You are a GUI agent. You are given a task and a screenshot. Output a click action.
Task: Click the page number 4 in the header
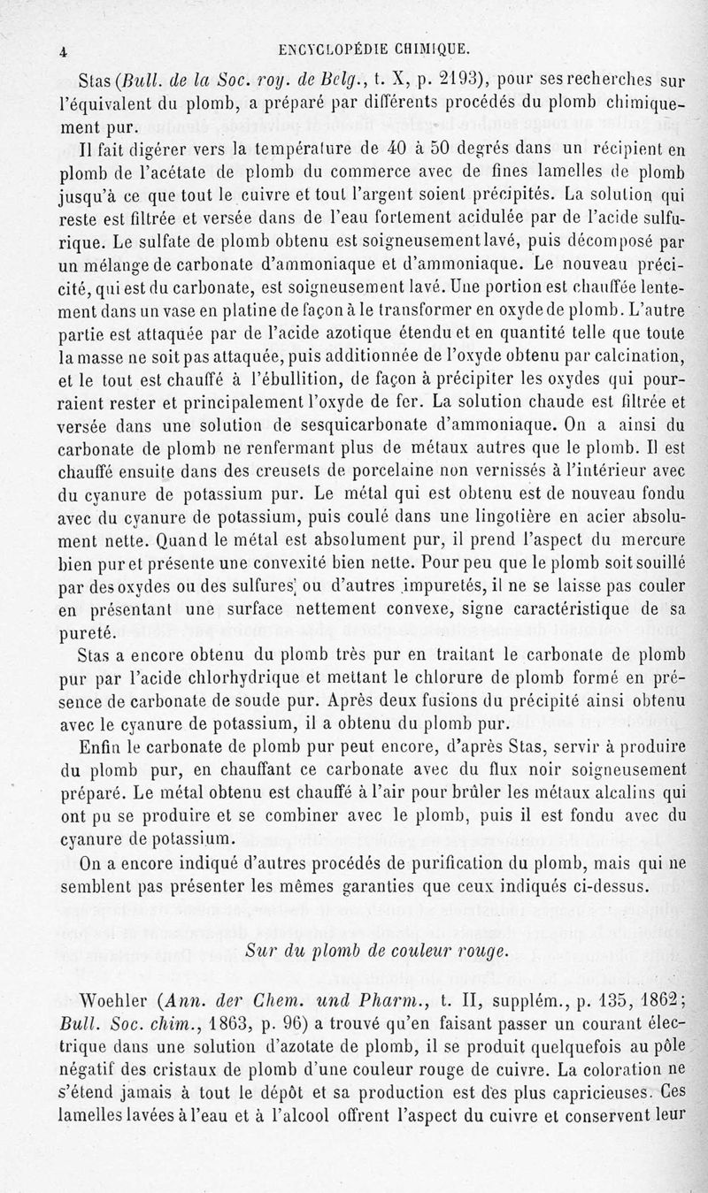click(64, 51)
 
